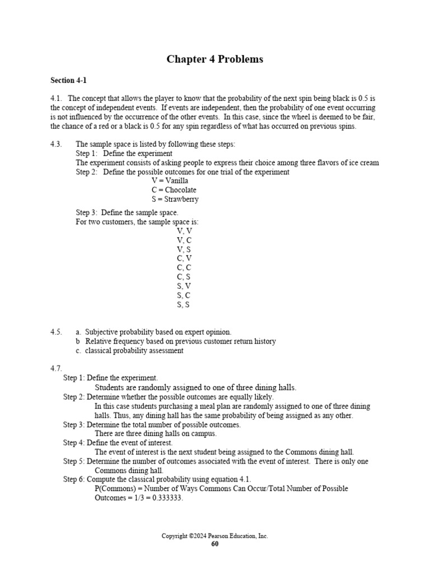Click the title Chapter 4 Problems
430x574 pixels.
coord(214,59)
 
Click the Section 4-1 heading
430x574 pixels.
coord(68,81)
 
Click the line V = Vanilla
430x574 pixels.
coord(170,181)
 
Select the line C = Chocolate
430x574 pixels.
coord(174,190)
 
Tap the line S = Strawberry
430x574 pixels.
coord(175,199)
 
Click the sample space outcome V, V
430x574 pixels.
coord(184,230)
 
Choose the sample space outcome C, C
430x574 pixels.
coord(184,267)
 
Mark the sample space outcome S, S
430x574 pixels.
coord(184,304)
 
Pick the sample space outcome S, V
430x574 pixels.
coord(184,286)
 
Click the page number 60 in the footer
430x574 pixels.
coord(215,544)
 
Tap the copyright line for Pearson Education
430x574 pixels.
coord(215,536)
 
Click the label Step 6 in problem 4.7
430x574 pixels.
coord(73,479)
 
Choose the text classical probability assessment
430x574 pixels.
coord(134,351)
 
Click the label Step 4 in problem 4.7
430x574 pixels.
coord(73,443)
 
